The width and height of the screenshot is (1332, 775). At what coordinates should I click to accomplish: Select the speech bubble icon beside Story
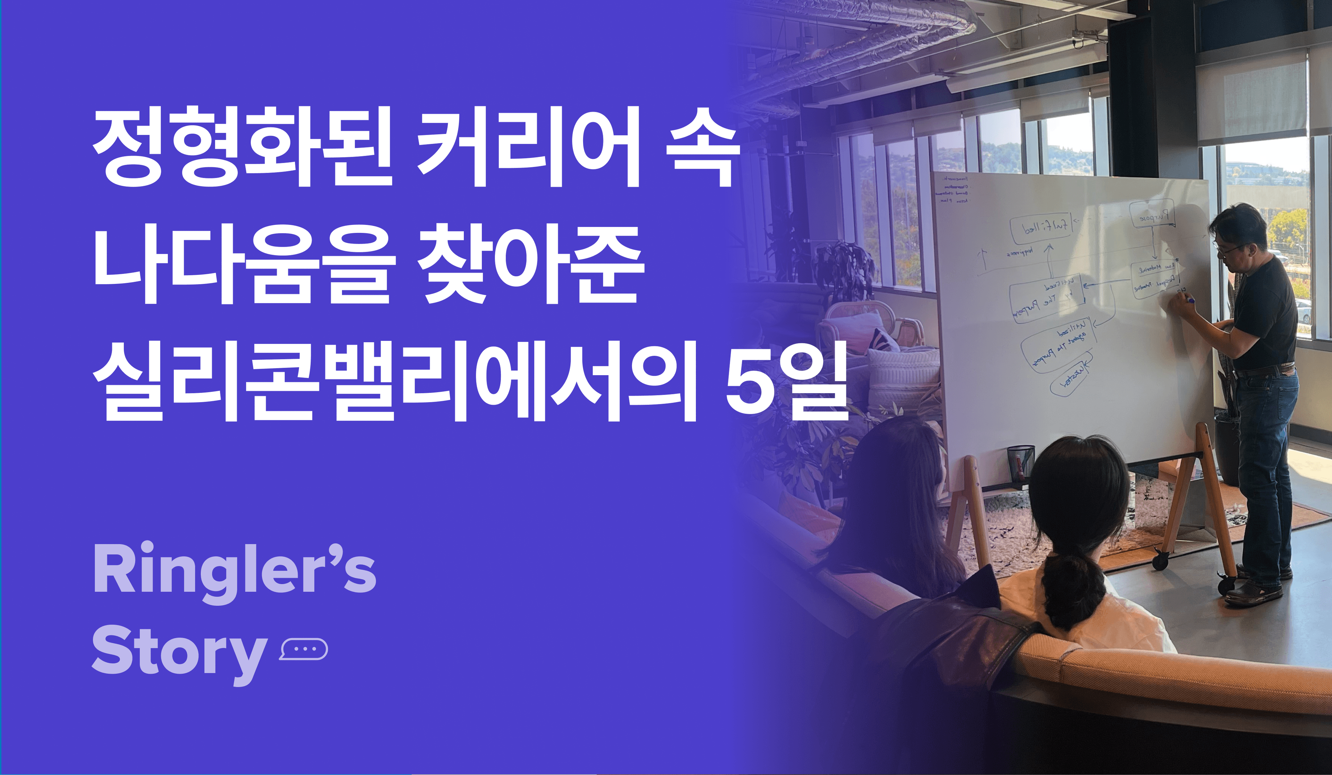(x=304, y=649)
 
